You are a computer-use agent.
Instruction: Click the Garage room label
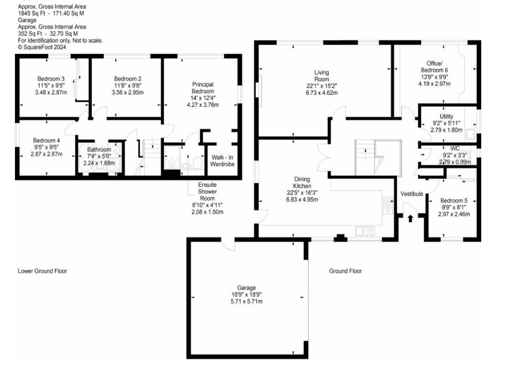point(247,288)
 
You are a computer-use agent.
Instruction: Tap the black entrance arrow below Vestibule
point(410,219)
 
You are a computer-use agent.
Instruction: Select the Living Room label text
point(322,76)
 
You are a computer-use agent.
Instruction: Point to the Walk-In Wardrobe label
point(222,161)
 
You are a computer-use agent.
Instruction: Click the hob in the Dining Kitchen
point(388,205)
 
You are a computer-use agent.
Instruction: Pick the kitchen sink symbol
point(365,231)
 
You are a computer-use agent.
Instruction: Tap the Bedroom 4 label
point(47,141)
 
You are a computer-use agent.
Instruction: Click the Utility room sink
point(470,134)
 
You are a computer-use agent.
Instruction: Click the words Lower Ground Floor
point(43,271)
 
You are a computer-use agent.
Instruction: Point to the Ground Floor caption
point(346,271)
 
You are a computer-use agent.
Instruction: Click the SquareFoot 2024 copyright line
point(42,47)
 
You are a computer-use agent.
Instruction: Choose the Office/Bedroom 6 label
point(434,67)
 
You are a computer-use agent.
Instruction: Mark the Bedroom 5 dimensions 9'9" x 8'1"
point(454,207)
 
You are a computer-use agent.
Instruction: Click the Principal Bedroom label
point(203,88)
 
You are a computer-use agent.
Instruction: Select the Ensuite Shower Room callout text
point(207,192)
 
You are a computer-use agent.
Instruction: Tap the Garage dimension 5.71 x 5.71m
point(247,301)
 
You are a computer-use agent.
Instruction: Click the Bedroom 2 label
point(127,79)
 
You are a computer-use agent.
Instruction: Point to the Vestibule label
point(411,194)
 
